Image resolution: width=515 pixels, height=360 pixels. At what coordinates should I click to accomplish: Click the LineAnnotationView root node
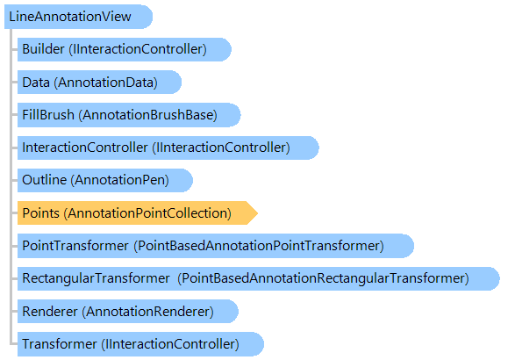pyautogui.click(x=78, y=17)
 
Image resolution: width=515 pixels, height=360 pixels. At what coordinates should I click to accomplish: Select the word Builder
pyautogui.click(x=43, y=49)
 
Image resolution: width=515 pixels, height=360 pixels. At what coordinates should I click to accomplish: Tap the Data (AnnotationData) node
pyautogui.click(x=99, y=83)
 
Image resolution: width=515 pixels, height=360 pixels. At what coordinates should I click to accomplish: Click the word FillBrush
pyautogui.click(x=48, y=115)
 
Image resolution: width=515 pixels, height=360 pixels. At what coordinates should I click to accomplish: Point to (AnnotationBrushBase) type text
pyautogui.click(x=147, y=115)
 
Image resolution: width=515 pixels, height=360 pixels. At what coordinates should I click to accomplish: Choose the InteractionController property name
pyautogui.click(x=85, y=148)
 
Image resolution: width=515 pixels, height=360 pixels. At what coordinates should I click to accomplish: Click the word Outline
pyautogui.click(x=45, y=180)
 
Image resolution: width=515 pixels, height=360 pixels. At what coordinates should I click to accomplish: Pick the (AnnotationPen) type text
pyautogui.click(x=119, y=180)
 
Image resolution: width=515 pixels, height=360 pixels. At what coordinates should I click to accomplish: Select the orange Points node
pyautogui.click(x=137, y=213)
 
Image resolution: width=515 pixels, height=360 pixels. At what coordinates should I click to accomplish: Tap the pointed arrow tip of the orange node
pyautogui.click(x=258, y=213)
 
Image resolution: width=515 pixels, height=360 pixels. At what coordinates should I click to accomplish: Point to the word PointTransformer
pyautogui.click(x=75, y=246)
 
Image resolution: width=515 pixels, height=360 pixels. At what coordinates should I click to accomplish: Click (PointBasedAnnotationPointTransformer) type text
pyautogui.click(x=259, y=246)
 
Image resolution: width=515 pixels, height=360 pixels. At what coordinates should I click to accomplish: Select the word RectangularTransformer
pyautogui.click(x=96, y=278)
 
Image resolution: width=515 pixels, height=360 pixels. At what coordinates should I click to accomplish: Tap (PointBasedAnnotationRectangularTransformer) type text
pyautogui.click(x=323, y=278)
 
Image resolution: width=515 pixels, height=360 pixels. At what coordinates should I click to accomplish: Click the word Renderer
pyautogui.click(x=50, y=312)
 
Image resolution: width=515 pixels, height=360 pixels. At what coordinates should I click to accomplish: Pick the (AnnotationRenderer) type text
pyautogui.click(x=147, y=312)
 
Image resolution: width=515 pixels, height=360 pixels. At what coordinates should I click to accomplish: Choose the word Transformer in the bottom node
pyautogui.click(x=60, y=344)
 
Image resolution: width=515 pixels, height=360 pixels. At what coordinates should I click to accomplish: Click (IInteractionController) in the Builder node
pyautogui.click(x=138, y=49)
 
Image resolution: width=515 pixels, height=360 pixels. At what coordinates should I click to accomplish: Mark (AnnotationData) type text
pyautogui.click(x=106, y=83)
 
